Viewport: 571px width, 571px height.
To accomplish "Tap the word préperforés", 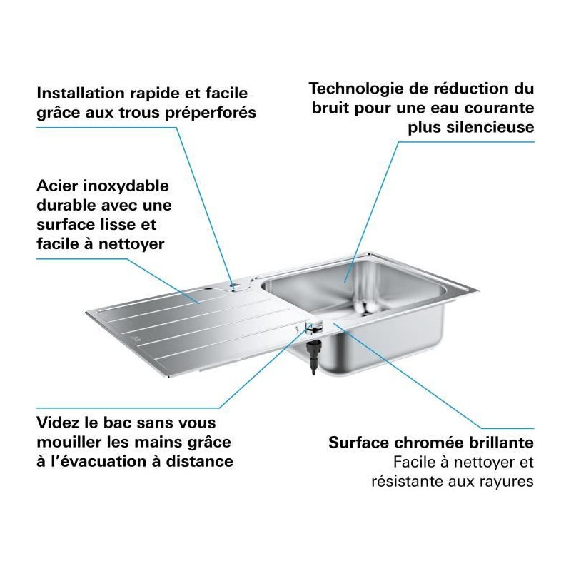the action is [211, 113].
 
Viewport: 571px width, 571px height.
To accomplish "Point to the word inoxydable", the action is [126, 186].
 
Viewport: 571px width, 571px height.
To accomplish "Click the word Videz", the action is [58, 423].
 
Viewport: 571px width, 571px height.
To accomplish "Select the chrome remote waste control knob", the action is [313, 326].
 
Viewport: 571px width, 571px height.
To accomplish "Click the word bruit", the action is [330, 108].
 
